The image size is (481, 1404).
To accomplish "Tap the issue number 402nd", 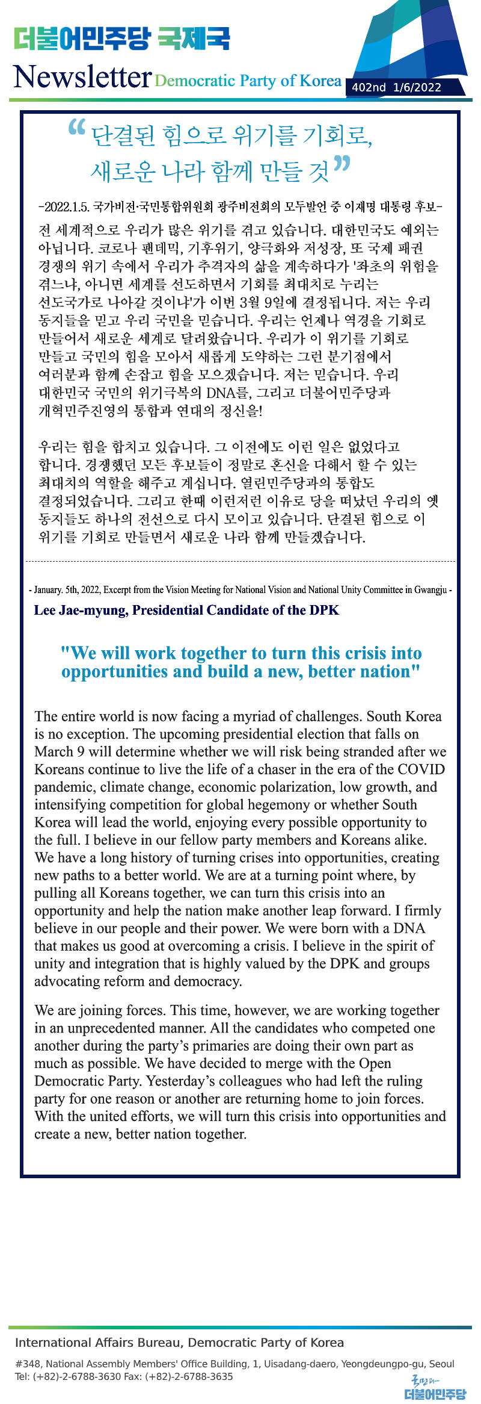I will click(369, 87).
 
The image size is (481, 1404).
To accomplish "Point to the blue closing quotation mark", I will click(342, 163).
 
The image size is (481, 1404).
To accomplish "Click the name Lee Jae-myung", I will click(80, 610).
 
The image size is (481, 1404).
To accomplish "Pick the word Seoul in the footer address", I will click(442, 1364).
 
